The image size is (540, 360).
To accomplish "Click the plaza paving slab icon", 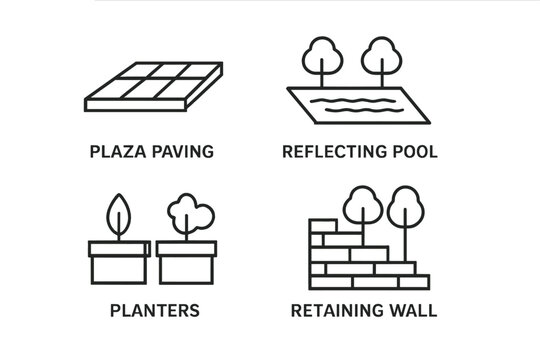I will [151, 87].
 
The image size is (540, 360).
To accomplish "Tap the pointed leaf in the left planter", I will [118, 213].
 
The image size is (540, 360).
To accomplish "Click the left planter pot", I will [118, 263].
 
